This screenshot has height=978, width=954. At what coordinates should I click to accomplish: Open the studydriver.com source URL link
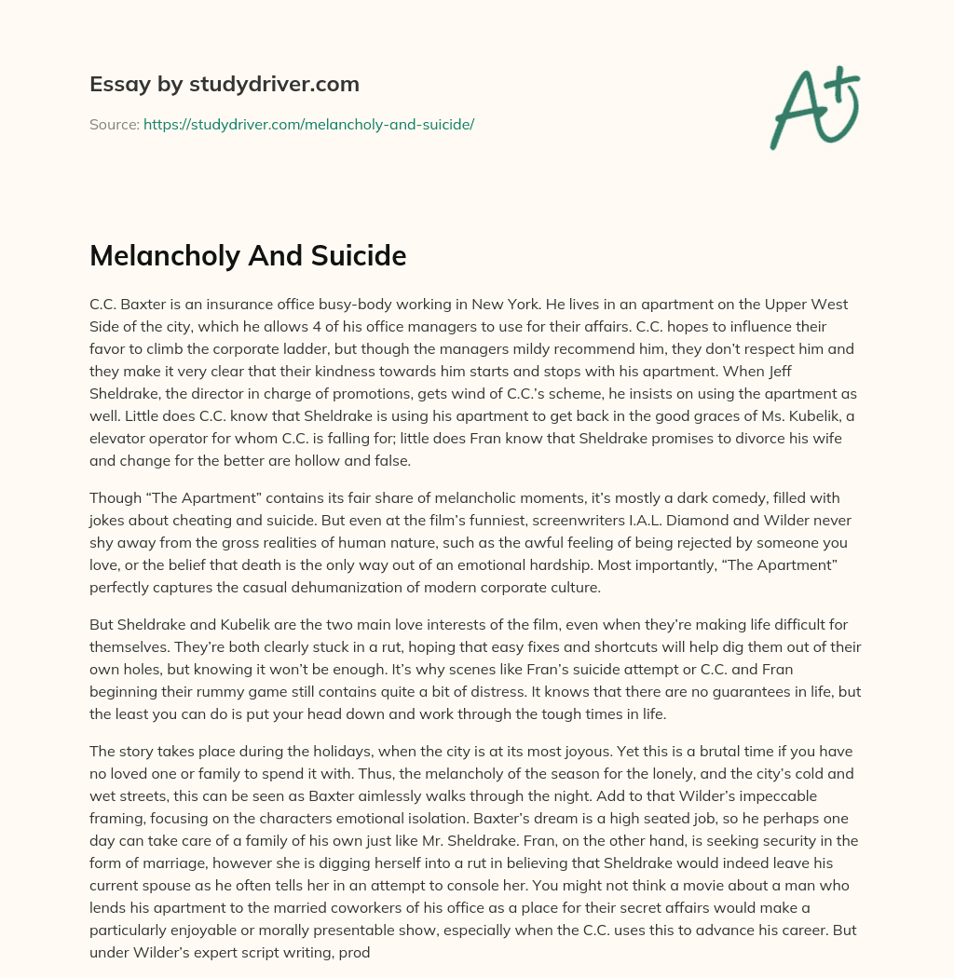[308, 124]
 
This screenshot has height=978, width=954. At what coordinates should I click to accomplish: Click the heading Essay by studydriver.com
[224, 84]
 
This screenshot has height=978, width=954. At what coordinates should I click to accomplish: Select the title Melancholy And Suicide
[248, 255]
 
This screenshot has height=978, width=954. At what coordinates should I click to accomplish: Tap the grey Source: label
[114, 124]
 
